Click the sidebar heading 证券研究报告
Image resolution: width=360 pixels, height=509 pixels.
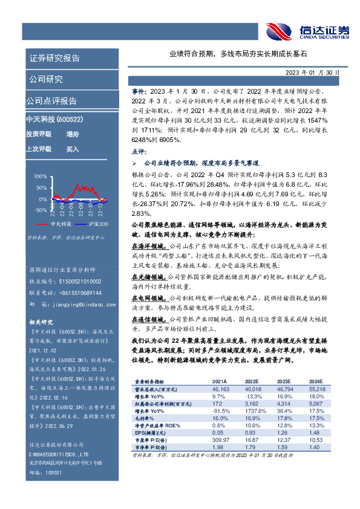(x=54, y=59)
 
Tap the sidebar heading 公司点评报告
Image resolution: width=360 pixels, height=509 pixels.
(x=51, y=101)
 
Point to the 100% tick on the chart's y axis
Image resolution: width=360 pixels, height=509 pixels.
(x=40, y=177)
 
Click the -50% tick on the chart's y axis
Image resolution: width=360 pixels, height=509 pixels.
(x=40, y=210)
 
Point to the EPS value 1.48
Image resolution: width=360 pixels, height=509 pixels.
(x=315, y=433)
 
